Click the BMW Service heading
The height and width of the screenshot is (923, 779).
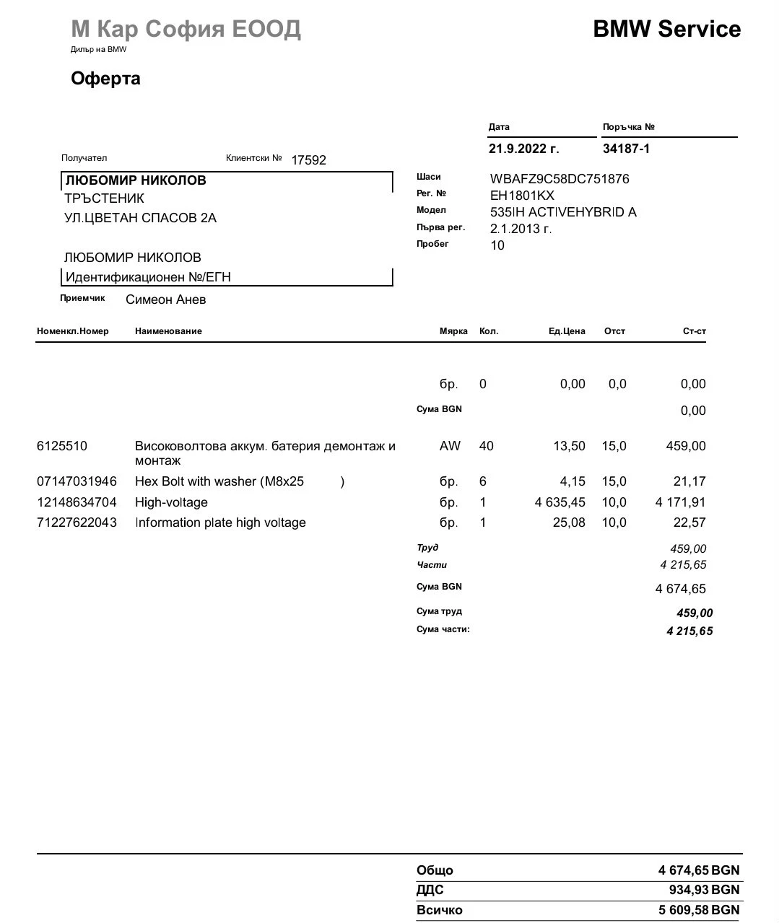click(x=666, y=29)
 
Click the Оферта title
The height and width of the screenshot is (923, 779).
click(x=105, y=79)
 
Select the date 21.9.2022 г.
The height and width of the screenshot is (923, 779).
click(x=523, y=149)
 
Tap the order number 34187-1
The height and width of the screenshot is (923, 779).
click(x=626, y=149)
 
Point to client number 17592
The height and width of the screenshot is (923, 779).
click(x=308, y=160)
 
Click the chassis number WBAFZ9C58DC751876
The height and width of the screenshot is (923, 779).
click(x=560, y=179)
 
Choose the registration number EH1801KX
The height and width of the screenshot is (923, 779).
click(x=522, y=196)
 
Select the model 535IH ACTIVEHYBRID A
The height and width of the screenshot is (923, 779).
click(x=563, y=212)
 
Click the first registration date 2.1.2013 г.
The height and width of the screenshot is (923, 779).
click(x=521, y=229)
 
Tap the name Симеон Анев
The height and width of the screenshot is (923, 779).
click(x=165, y=299)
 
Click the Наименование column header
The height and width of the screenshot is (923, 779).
click(x=168, y=331)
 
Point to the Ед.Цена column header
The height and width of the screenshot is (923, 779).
click(x=567, y=331)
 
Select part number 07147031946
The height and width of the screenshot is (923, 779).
click(x=77, y=481)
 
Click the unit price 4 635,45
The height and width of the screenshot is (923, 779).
click(x=560, y=502)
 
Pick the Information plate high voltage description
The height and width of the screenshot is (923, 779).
click(x=220, y=522)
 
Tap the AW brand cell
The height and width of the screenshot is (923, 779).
click(x=449, y=446)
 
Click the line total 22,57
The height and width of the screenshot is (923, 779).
click(x=689, y=522)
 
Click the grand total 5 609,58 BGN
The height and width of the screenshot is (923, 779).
click(x=698, y=910)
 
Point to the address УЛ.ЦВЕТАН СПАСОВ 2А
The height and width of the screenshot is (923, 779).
click(x=140, y=218)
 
